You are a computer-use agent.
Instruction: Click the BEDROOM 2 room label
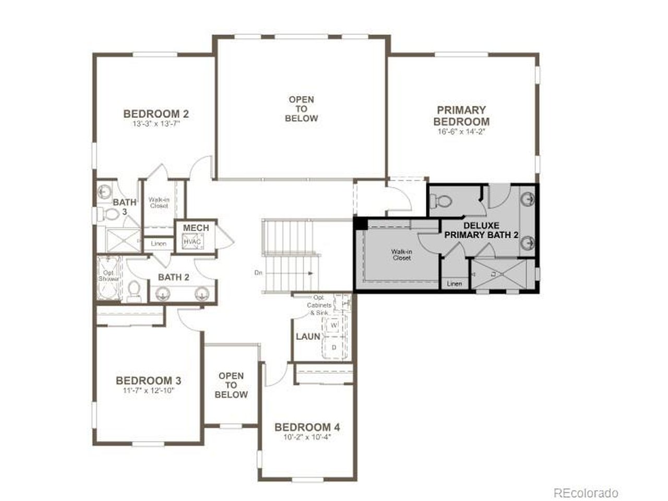[x=156, y=114]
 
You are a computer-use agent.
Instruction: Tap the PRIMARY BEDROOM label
[x=461, y=116]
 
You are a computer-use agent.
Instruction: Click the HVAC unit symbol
[x=192, y=242]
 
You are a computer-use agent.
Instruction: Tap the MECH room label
[x=196, y=228]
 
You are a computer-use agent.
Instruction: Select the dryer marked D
[x=333, y=347]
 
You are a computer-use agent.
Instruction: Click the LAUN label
[x=308, y=337]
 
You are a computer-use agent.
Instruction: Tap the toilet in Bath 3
[x=110, y=213]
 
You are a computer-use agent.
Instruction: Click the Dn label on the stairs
[x=258, y=272]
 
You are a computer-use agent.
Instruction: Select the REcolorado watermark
[x=586, y=493]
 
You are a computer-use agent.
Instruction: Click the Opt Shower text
[x=109, y=276]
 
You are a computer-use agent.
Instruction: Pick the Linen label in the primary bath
[x=455, y=284]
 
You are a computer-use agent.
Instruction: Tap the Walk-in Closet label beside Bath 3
[x=159, y=202]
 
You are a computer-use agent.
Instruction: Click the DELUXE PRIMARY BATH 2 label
[x=481, y=230]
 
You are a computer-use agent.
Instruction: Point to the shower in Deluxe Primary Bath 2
[x=502, y=273]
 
